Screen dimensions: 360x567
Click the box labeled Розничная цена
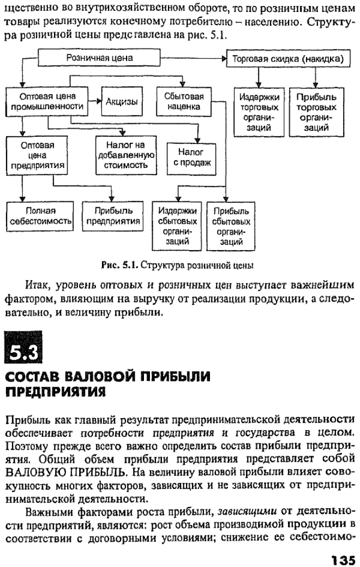[x=99, y=58]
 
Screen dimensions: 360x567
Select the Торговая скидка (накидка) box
[x=289, y=58]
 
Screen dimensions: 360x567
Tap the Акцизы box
[x=122, y=101]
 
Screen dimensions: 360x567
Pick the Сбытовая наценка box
[x=184, y=101]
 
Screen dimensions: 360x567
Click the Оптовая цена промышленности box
[x=47, y=101]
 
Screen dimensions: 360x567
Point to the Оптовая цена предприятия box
[x=37, y=155]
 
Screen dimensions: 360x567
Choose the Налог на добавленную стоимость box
[x=126, y=155]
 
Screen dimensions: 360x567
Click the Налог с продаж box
[x=191, y=158]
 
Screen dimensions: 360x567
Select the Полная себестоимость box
[x=40, y=216]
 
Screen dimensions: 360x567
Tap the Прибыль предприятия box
[x=113, y=216]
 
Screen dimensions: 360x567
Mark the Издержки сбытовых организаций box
[x=177, y=226]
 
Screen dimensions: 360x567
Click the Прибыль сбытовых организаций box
[x=231, y=226]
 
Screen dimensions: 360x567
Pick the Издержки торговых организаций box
[x=259, y=112]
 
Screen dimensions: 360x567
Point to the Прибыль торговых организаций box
[x=316, y=112]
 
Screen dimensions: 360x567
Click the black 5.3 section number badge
[x=23, y=347]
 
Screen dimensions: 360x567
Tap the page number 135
[x=343, y=560]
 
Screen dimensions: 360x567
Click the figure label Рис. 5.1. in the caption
[x=120, y=266]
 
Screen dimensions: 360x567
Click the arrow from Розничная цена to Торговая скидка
[x=193, y=58]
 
